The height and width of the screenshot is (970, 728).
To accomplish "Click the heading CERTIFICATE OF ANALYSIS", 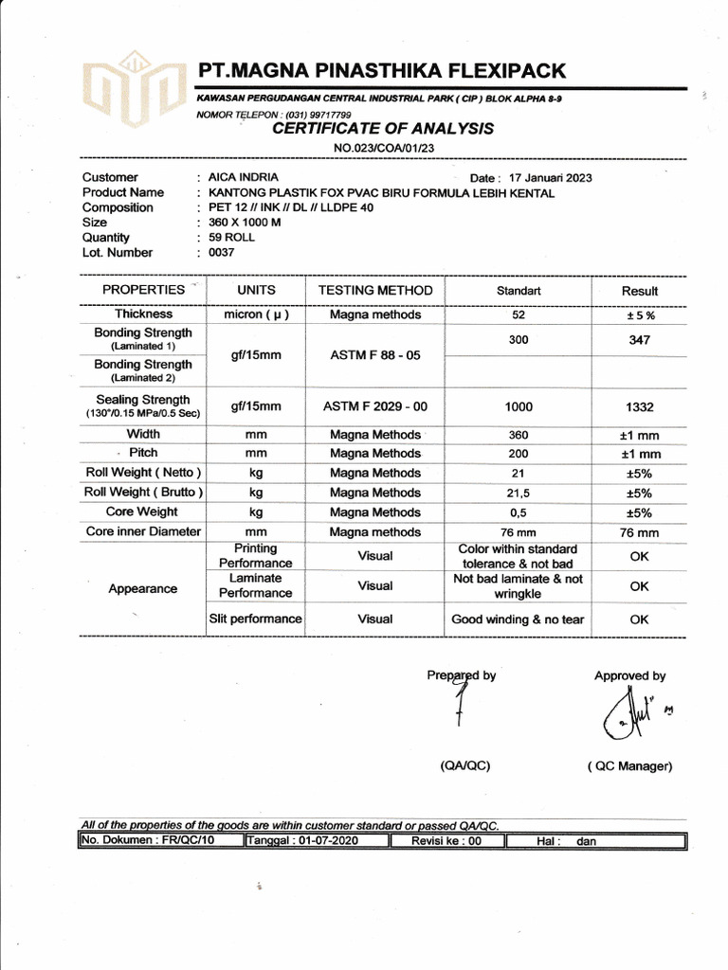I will click(x=382, y=129).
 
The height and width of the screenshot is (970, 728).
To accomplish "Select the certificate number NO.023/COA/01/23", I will click(x=383, y=149).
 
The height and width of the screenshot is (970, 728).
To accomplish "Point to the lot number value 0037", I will click(x=221, y=253).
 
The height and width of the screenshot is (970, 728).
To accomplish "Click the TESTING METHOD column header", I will click(x=374, y=291).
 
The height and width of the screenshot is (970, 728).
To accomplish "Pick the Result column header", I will click(x=639, y=291).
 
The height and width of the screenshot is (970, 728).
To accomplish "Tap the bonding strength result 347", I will click(x=639, y=339).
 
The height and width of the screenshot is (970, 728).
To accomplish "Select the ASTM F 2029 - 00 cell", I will click(x=375, y=406).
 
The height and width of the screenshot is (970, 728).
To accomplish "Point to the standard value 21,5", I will click(x=519, y=493).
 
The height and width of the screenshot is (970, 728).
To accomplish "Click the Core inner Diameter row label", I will click(x=143, y=532).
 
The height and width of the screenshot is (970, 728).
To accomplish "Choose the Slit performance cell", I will click(x=255, y=620).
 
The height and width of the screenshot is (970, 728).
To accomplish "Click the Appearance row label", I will click(x=143, y=588).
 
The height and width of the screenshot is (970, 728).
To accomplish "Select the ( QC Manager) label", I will click(x=629, y=766).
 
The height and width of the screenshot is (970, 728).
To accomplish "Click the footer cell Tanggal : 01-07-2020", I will click(x=317, y=840).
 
